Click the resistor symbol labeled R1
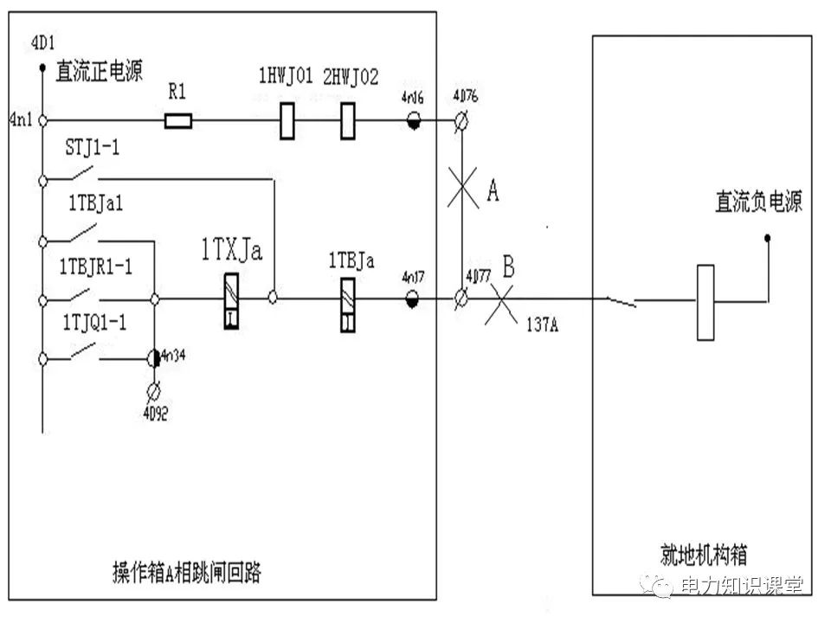pyautogui.click(x=177, y=120)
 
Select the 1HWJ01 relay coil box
pyautogui.click(x=288, y=120)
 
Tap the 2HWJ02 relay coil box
pyautogui.click(x=348, y=120)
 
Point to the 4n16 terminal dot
pyautogui.click(x=415, y=121)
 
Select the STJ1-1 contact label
pyautogui.click(x=92, y=148)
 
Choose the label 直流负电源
pyautogui.click(x=758, y=202)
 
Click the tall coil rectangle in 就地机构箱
pyautogui.click(x=705, y=302)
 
